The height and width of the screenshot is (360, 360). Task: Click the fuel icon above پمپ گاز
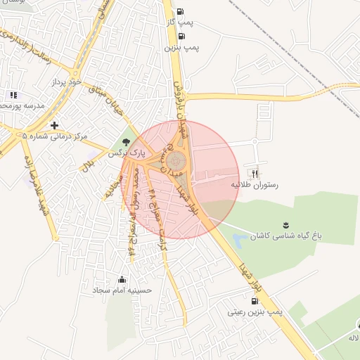tap(181, 11)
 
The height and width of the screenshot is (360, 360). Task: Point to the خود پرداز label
tap(67, 82)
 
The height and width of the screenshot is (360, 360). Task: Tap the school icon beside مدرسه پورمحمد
tap(13, 95)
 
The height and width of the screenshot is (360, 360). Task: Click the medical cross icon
tap(54, 125)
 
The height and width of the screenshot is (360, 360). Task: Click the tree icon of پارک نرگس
tap(127, 142)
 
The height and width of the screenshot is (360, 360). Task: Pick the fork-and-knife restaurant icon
tap(255, 173)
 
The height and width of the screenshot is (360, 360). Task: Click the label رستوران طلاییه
tap(255, 185)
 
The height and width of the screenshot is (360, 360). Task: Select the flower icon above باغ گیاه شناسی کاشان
tap(285, 225)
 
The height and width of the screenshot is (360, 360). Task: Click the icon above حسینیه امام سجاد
tap(123, 278)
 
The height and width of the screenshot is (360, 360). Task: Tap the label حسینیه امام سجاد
tap(124, 290)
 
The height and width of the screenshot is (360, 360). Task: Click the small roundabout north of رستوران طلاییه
tap(254, 141)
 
